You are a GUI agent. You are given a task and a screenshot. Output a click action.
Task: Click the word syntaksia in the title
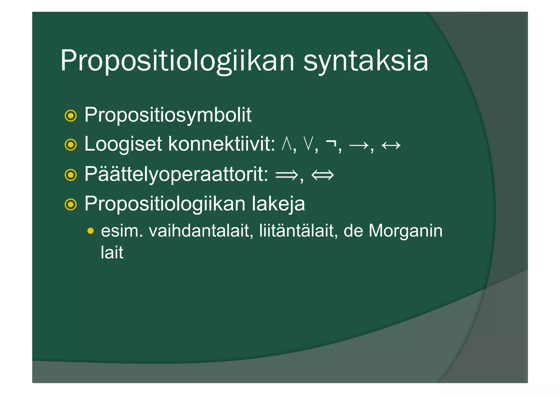tap(366, 61)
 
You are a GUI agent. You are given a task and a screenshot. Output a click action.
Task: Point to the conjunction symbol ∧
tap(287, 144)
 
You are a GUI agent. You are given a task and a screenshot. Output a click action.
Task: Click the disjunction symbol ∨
tap(308, 144)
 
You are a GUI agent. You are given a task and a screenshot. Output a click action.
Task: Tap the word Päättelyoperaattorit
tap(176, 174)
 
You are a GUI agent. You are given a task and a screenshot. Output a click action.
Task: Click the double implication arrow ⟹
tap(287, 175)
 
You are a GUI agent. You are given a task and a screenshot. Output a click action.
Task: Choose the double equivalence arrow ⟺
tap(322, 175)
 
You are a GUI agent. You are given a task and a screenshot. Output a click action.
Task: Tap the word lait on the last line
tap(112, 253)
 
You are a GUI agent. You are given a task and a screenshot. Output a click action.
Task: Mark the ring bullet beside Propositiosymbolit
tap(71, 116)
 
